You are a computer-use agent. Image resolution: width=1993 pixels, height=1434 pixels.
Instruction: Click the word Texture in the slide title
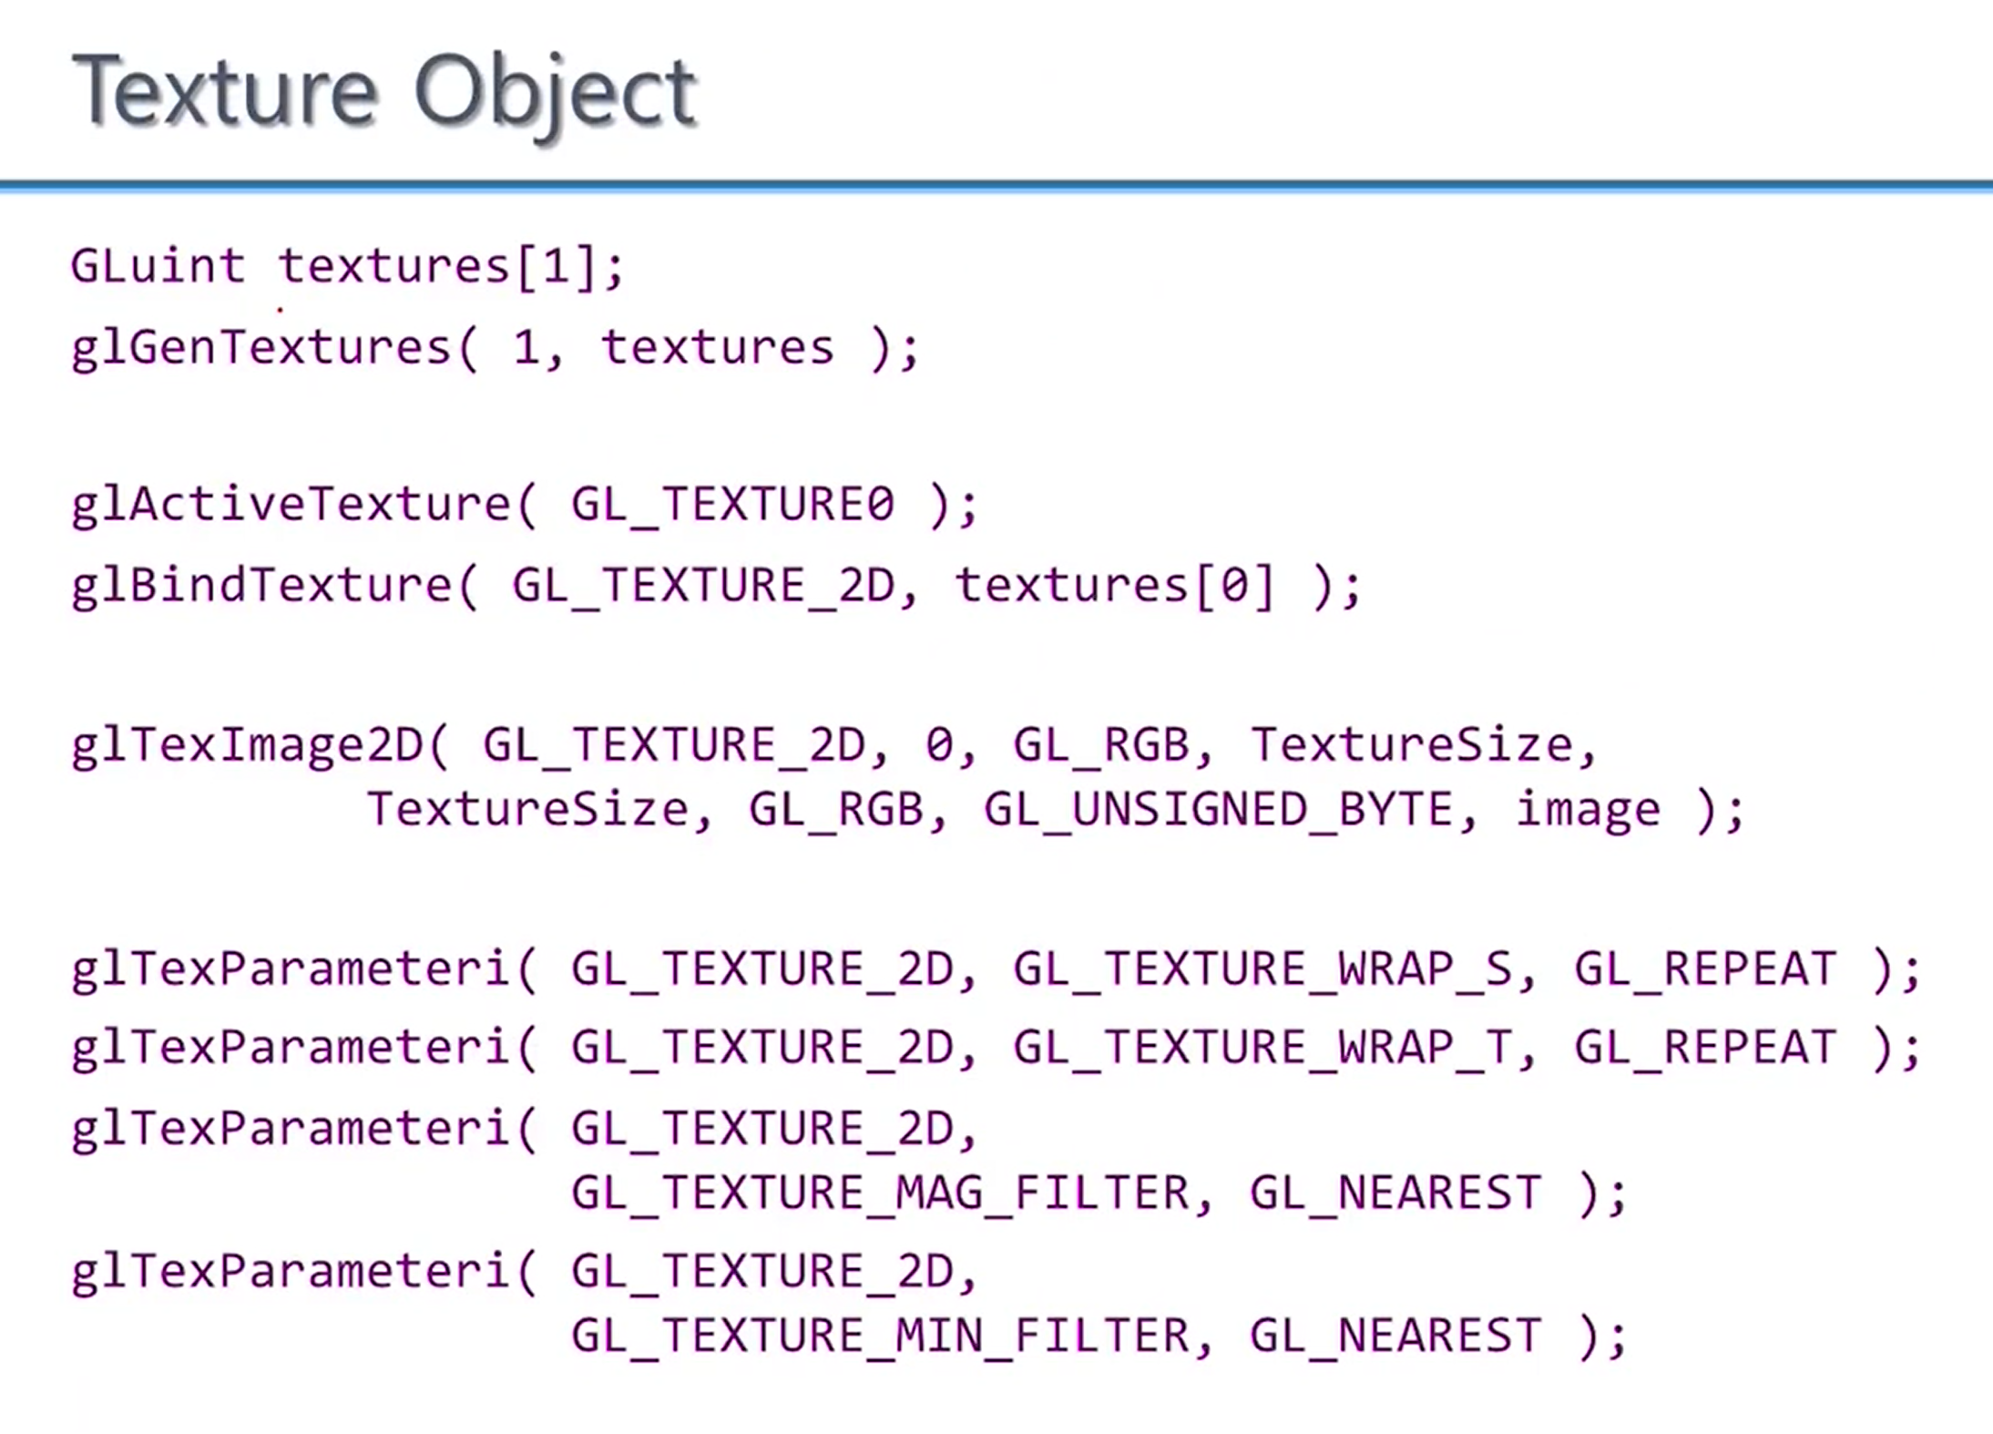(x=223, y=91)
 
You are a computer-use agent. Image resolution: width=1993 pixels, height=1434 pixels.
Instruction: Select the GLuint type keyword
(x=158, y=266)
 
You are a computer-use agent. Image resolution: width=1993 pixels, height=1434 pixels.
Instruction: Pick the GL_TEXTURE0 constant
(x=733, y=505)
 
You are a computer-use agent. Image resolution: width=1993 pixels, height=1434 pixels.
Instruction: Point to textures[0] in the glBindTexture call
(x=1114, y=585)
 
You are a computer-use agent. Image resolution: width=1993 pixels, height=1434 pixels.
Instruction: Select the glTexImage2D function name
(x=247, y=745)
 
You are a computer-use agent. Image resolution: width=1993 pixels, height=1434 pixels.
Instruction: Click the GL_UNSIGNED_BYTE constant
(x=1218, y=809)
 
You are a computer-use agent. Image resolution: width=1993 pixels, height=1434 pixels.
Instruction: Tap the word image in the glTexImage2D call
(x=1588, y=809)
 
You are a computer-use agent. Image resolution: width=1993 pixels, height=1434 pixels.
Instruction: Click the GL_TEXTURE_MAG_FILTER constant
(x=880, y=1193)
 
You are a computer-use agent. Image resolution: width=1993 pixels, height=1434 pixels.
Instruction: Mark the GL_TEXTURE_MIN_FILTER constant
(x=880, y=1336)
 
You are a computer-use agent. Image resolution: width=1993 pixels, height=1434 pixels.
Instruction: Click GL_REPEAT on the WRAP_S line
(x=1704, y=968)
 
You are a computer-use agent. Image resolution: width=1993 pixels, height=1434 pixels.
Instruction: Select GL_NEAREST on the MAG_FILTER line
(x=1395, y=1193)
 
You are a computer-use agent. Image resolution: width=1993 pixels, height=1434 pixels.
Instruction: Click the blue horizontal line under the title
(x=996, y=186)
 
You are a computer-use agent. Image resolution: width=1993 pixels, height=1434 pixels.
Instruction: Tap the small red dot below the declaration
(x=280, y=310)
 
